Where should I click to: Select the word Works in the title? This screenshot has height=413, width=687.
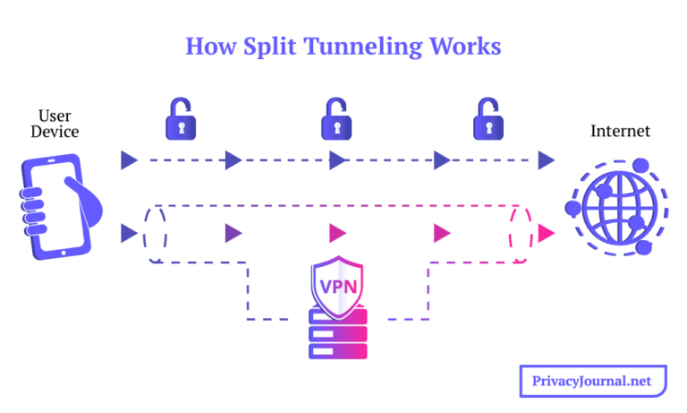pos(470,46)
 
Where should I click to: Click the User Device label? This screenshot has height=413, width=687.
pos(55,124)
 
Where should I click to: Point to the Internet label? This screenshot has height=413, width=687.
pos(620,132)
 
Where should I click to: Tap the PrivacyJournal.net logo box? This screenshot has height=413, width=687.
pos(593,381)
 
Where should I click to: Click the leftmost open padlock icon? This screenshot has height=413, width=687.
pos(182,119)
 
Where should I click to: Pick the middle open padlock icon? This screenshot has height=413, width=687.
pos(337,119)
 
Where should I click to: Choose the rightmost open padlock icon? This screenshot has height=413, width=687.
pos(489,119)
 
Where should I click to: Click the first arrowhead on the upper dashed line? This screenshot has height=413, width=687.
pos(130,160)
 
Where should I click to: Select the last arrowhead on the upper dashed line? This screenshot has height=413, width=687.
pos(546,160)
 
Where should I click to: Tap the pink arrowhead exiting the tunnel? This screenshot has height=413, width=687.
pos(546,234)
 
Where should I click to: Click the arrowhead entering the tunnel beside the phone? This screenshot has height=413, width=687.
pos(130,234)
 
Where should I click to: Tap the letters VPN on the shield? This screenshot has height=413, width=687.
pos(337,286)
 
